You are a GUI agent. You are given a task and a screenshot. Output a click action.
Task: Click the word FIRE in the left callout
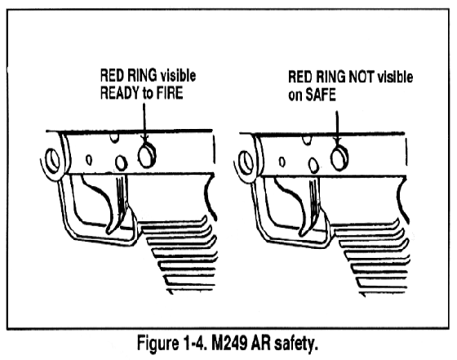coord(170,93)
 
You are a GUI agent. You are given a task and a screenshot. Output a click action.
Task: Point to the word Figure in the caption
coord(158,343)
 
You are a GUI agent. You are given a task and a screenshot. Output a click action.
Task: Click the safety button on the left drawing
coord(147,156)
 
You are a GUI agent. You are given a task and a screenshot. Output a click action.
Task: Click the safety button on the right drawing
coord(339,158)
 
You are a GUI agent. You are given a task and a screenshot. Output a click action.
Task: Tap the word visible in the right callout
coord(395,78)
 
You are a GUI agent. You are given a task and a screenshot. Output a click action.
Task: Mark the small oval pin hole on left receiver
coord(89,160)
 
